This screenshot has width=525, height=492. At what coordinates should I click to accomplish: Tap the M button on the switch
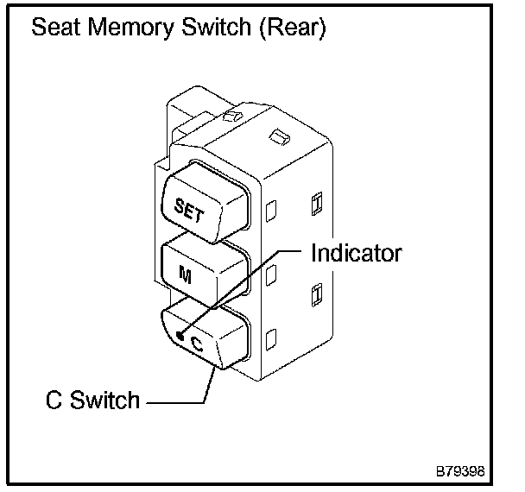click(x=205, y=271)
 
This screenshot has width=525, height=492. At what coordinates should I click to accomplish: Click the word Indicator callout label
click(x=357, y=254)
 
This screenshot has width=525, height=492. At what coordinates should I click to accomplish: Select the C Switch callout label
click(x=92, y=400)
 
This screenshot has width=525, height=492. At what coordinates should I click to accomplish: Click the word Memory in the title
click(x=131, y=28)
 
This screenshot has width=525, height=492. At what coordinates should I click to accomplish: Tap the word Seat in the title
click(x=57, y=27)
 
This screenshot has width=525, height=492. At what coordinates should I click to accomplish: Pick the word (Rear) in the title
click(x=293, y=28)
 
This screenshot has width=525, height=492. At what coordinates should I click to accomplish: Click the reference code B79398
click(x=460, y=471)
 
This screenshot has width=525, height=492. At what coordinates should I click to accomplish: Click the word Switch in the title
click(x=217, y=27)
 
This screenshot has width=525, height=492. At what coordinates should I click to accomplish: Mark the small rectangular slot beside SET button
click(x=271, y=211)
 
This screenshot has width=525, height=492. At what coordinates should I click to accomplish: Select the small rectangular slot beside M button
click(x=271, y=274)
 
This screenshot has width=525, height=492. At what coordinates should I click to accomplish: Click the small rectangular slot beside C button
click(x=271, y=339)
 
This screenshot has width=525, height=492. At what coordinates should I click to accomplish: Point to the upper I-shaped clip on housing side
click(x=317, y=204)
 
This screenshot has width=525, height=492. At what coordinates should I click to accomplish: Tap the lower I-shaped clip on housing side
click(x=317, y=295)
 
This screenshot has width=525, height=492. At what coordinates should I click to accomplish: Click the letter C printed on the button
click(x=197, y=344)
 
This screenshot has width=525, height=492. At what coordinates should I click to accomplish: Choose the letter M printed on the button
click(x=185, y=274)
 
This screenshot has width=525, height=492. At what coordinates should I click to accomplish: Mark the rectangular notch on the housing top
click(x=280, y=136)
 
